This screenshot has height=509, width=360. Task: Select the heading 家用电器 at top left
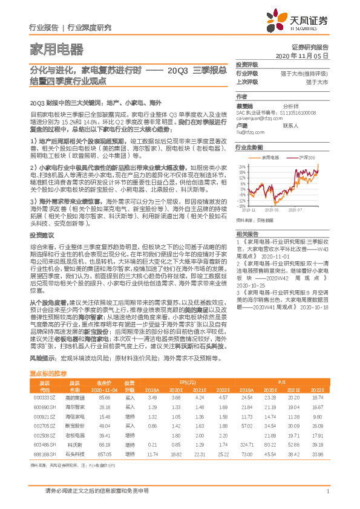coord(56,48)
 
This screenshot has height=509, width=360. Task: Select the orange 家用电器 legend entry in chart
coord(270,156)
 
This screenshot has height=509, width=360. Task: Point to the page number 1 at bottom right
coord(327,492)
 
